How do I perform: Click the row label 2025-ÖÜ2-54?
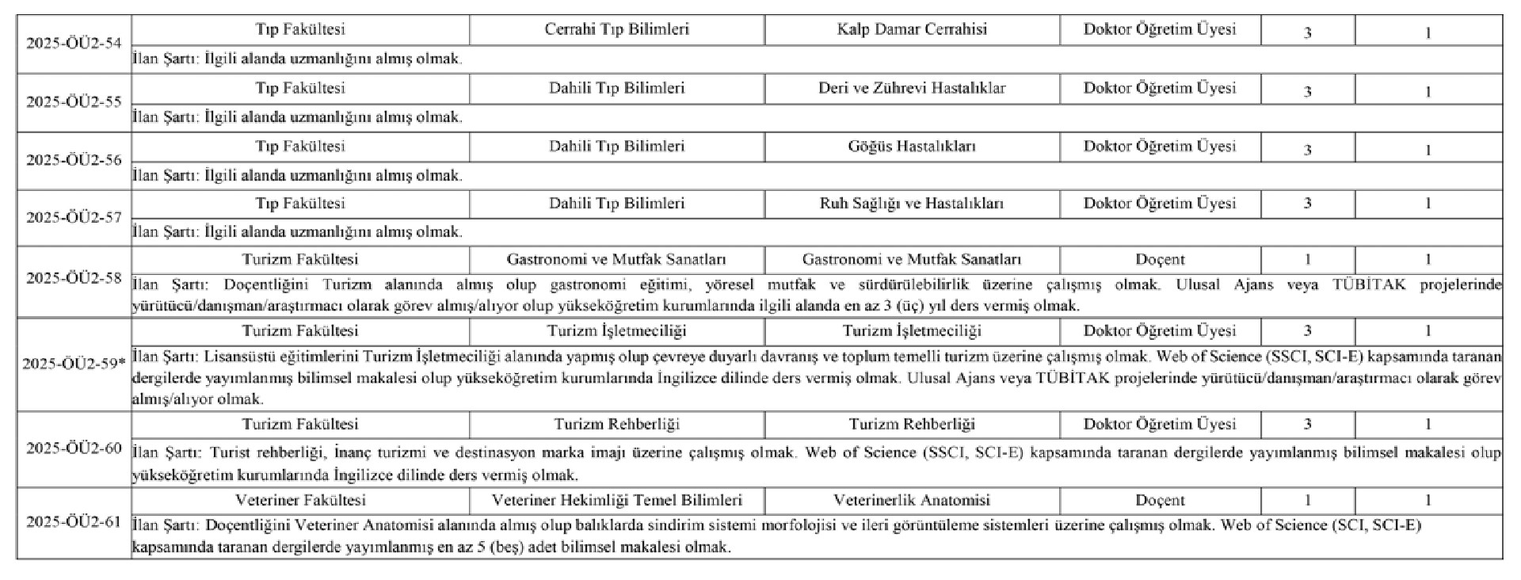click(74, 44)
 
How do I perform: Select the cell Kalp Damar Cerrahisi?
click(912, 29)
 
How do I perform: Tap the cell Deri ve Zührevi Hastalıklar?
click(912, 88)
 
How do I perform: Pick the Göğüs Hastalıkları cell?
click(912, 147)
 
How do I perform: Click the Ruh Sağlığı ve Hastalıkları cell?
click(912, 204)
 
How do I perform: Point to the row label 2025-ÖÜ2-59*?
click(74, 364)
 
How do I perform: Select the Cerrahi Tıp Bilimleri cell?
click(616, 29)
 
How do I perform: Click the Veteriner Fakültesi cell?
click(300, 501)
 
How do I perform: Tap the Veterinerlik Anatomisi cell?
click(912, 501)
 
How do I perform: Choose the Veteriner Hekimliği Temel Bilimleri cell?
click(616, 501)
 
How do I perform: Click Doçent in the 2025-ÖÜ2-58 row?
click(1160, 260)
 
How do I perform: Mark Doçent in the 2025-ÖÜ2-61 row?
click(1160, 501)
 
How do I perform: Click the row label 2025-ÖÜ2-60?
click(74, 448)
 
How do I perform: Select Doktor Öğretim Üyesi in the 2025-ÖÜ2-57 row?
click(1160, 204)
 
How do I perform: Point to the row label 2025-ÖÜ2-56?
click(74, 160)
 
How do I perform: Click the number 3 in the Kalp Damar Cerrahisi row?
click(1307, 32)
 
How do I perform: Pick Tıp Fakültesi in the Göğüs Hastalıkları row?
click(300, 147)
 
